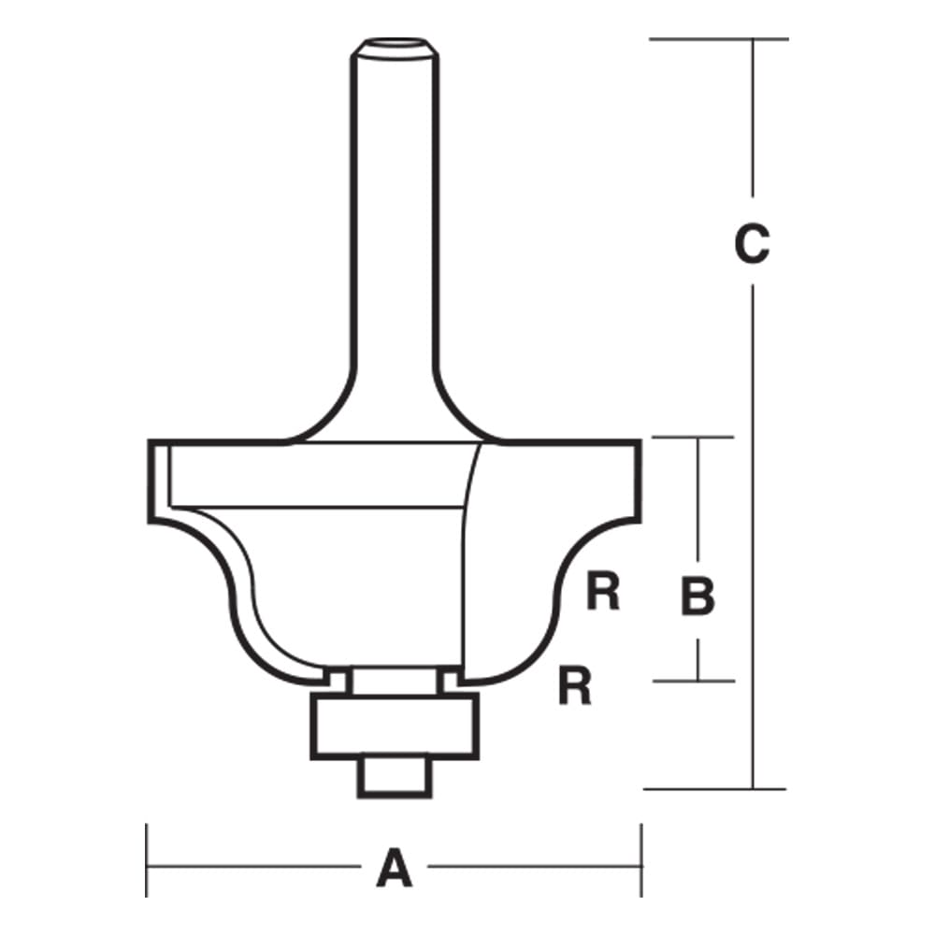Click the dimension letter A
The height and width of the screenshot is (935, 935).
click(394, 868)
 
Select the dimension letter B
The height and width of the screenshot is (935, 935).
click(698, 597)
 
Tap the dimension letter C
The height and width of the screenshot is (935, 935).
click(751, 245)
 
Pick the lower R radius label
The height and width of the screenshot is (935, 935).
click(575, 687)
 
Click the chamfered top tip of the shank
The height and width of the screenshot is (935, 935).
click(392, 44)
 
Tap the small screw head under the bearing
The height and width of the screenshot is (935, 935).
click(393, 776)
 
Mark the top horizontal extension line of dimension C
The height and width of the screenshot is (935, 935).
click(718, 38)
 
